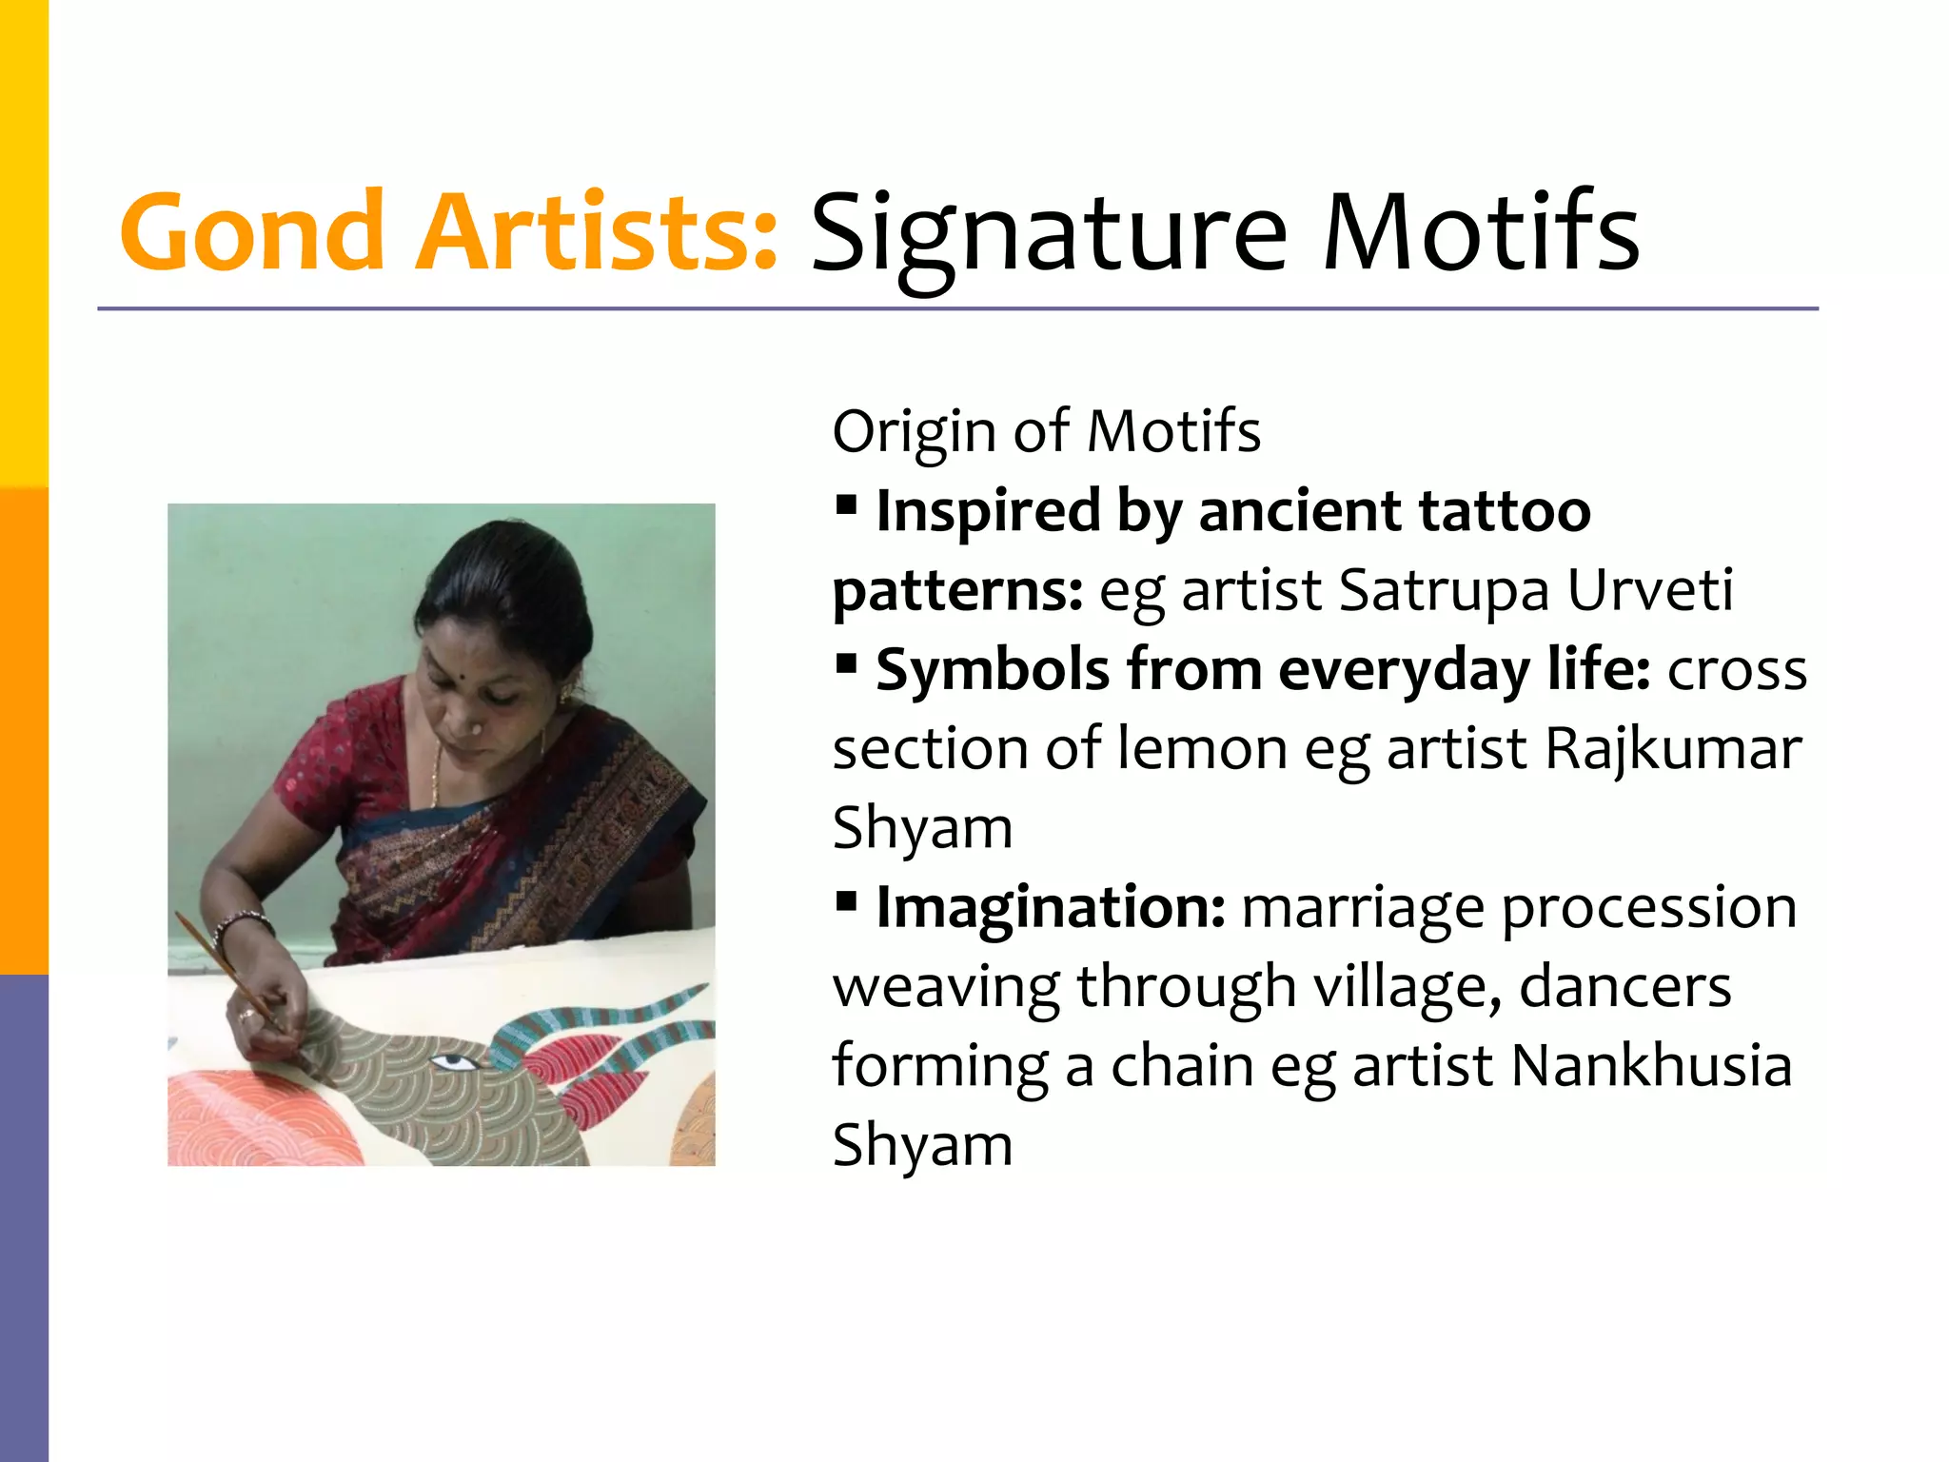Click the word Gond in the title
pos(252,231)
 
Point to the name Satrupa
pos(1444,590)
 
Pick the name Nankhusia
pos(1651,1065)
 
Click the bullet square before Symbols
pos(846,662)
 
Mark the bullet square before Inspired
pos(846,503)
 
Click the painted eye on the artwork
pos(449,1061)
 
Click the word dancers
pos(1624,986)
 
